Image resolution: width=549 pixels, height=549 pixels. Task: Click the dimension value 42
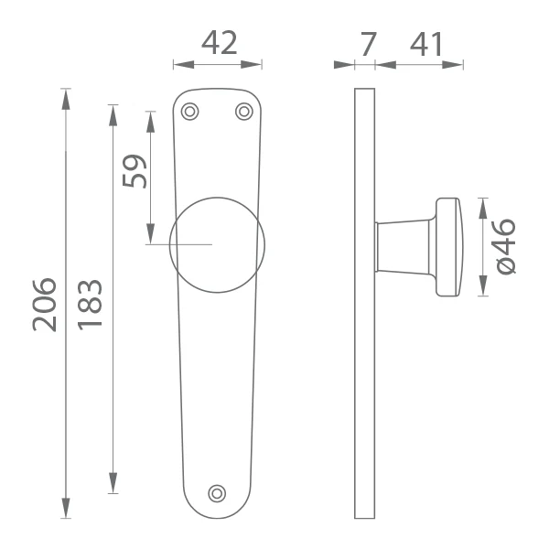pos(220,43)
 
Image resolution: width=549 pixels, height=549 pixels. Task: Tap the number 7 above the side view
pos(369,44)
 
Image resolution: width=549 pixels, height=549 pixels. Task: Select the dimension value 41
pos(426,44)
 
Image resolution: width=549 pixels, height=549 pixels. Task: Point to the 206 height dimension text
pos(45,305)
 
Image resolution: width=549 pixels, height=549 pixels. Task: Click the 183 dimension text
pos(90,305)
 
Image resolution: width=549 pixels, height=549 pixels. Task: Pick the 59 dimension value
pos(135,171)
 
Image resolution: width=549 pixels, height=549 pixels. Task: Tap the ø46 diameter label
pos(506,246)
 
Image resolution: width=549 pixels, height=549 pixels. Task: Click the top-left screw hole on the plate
pos(189,112)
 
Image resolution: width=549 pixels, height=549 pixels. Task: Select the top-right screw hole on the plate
pos(244,112)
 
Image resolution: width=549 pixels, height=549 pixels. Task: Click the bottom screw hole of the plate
pos(217,494)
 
